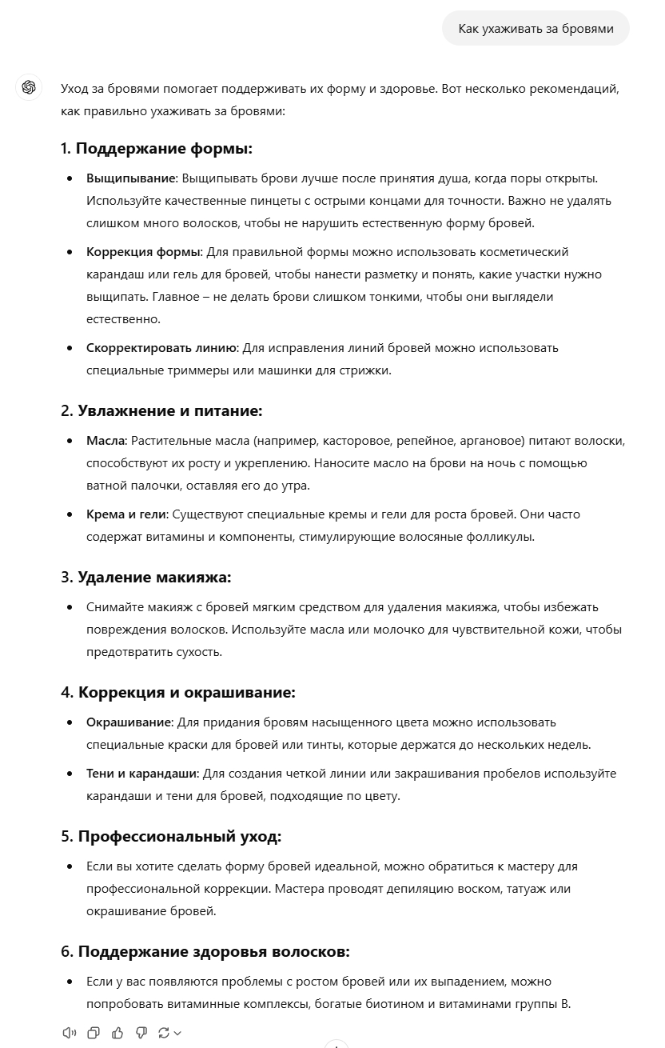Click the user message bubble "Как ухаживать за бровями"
tap(536, 29)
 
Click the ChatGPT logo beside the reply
tap(30, 88)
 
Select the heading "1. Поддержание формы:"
tap(157, 149)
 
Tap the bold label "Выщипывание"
tap(131, 178)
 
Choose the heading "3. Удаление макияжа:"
tap(145, 578)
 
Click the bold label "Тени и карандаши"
tap(142, 774)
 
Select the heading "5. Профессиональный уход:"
tap(171, 837)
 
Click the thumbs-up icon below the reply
tap(117, 1033)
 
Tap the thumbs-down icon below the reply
tap(141, 1033)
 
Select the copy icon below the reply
tap(94, 1033)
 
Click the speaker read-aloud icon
tap(70, 1033)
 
